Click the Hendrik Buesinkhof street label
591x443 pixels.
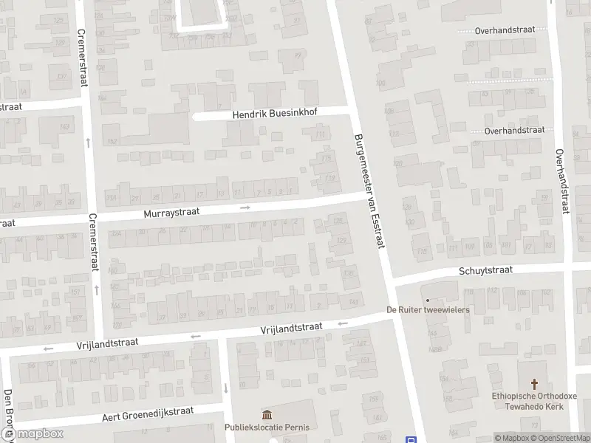[x=270, y=115]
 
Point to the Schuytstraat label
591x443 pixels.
[x=485, y=271]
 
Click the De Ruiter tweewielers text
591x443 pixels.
[x=428, y=310]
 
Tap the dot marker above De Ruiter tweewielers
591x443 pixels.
[x=427, y=300]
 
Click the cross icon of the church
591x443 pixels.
[x=535, y=384]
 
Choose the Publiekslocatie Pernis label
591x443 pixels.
[x=267, y=427]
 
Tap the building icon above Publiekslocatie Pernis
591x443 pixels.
[x=267, y=415]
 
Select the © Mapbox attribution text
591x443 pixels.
[x=509, y=438]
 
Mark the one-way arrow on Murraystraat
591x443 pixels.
[x=245, y=207]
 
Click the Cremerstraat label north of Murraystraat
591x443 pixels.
[x=82, y=57]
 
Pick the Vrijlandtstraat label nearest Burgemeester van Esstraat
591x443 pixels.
[x=291, y=327]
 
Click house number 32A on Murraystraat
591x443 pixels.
[x=116, y=233]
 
